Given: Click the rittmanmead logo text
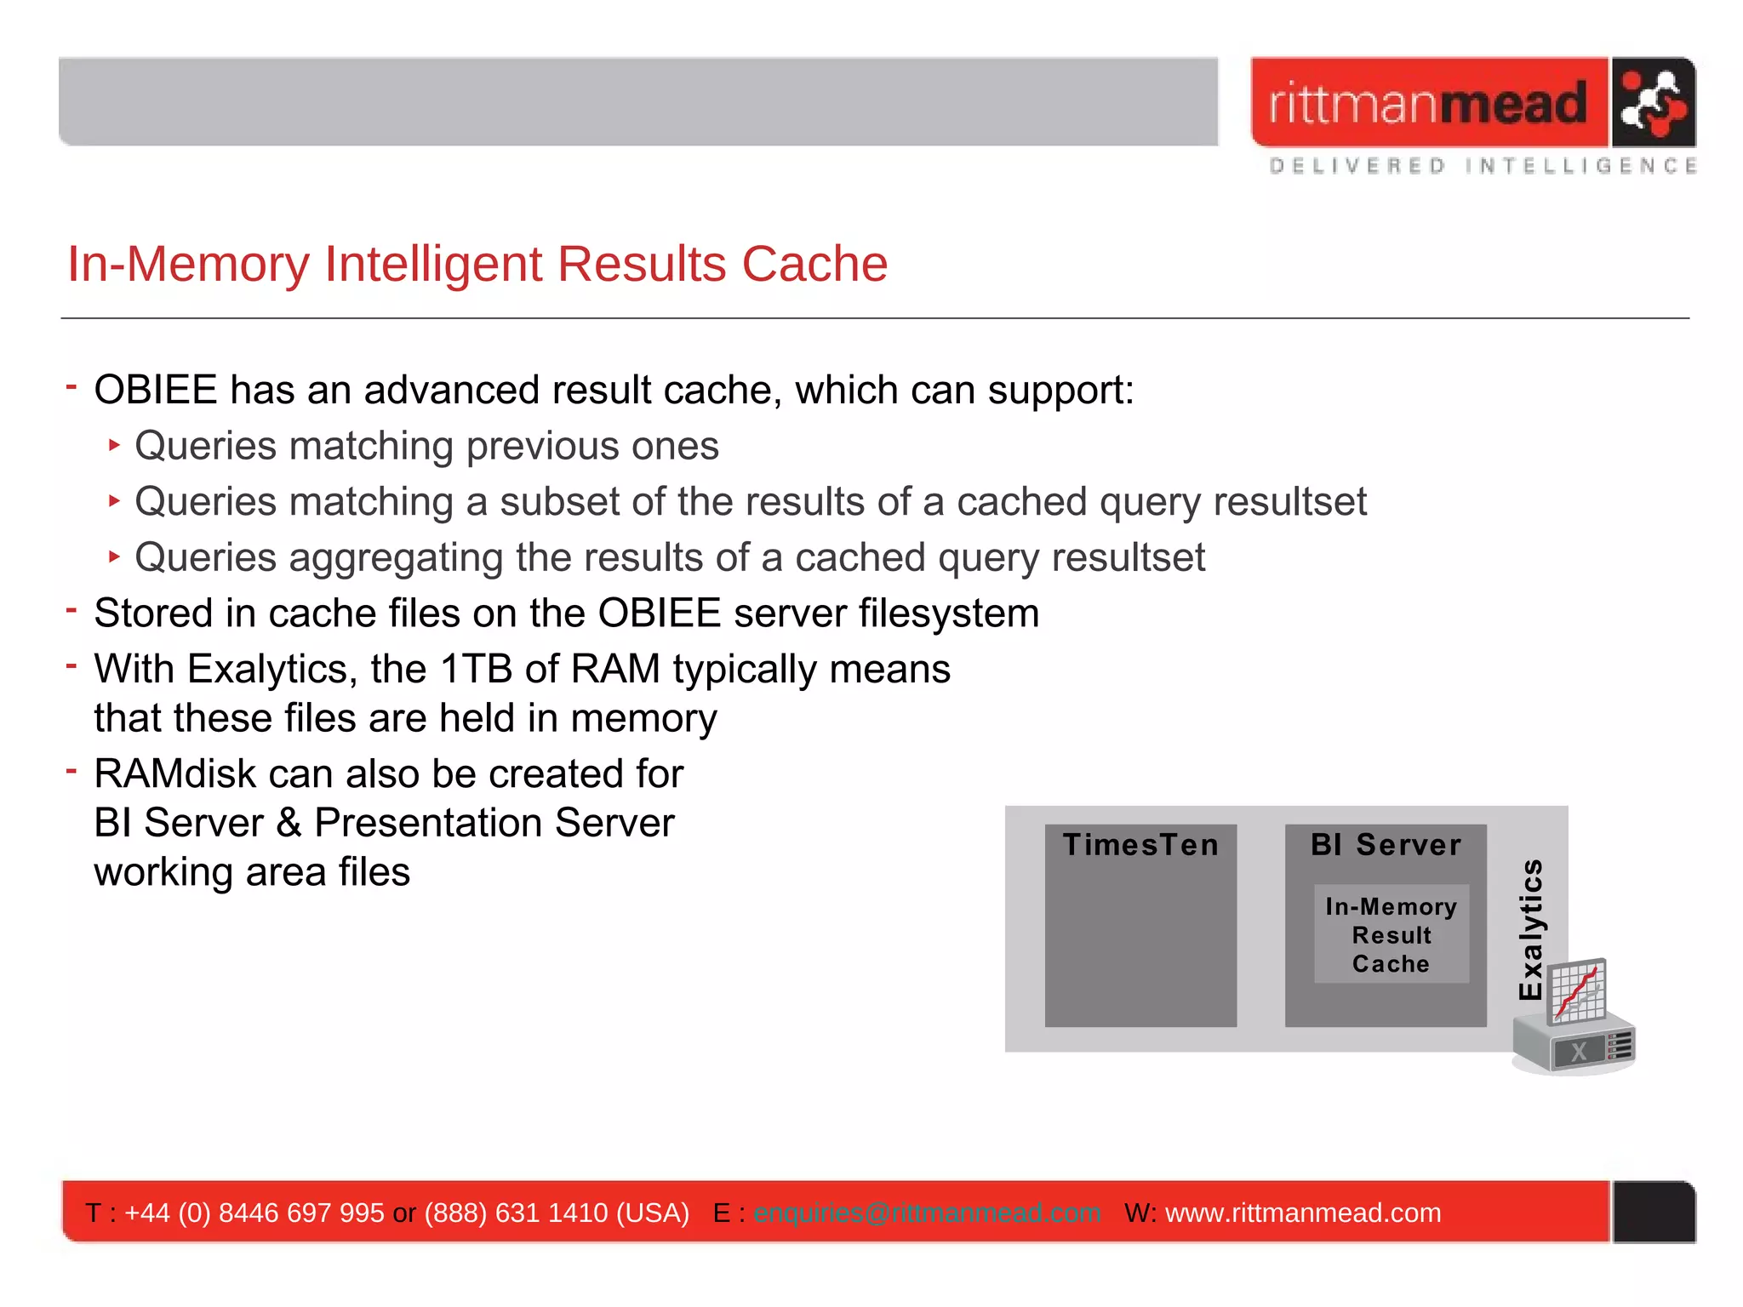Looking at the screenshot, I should pyautogui.click(x=1427, y=104).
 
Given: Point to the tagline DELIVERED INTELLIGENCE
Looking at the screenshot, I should pyautogui.click(x=1483, y=166).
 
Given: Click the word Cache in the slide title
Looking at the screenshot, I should pyautogui.click(x=814, y=264).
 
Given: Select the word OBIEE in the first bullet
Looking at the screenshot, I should pyautogui.click(x=156, y=391).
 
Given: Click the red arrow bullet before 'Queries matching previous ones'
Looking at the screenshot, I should pyautogui.click(x=114, y=445).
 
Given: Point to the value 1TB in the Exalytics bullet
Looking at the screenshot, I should pyautogui.click(x=475, y=669).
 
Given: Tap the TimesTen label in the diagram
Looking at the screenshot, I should pyautogui.click(x=1140, y=845).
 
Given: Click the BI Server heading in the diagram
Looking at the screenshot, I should pyautogui.click(x=1386, y=845).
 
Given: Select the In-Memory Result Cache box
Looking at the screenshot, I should pyautogui.click(x=1391, y=934).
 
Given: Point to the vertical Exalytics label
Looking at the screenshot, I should pyautogui.click(x=1531, y=929).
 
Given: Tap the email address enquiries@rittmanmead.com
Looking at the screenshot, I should pyautogui.click(x=927, y=1213).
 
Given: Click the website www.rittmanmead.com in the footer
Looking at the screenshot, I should pyautogui.click(x=1302, y=1213).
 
